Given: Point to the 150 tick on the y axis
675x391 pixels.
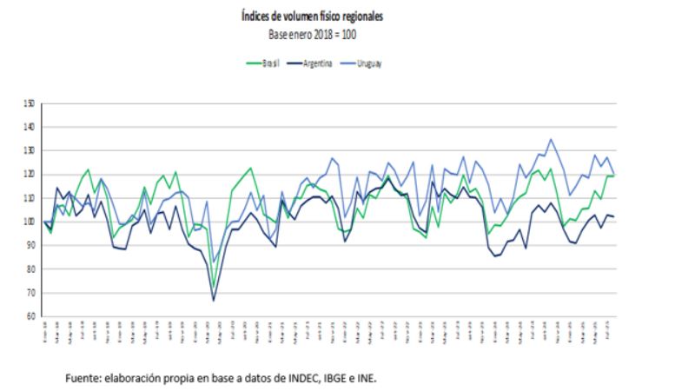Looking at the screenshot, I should [30, 103].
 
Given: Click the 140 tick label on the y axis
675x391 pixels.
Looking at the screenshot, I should [30, 127].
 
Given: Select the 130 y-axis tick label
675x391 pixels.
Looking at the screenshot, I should [30, 150].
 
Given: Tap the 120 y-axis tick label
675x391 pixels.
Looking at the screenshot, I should [30, 175].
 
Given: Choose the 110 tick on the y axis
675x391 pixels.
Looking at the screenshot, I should [30, 198].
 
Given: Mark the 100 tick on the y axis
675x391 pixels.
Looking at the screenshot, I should [30, 222].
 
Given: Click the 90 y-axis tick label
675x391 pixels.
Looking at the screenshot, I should [30, 245].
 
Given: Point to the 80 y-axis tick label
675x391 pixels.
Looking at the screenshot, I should [30, 269].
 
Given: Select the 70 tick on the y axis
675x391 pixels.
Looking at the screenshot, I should [30, 293].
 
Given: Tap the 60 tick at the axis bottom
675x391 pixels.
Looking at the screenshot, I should [30, 316].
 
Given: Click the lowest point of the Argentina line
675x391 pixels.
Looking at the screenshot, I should [214, 301].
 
